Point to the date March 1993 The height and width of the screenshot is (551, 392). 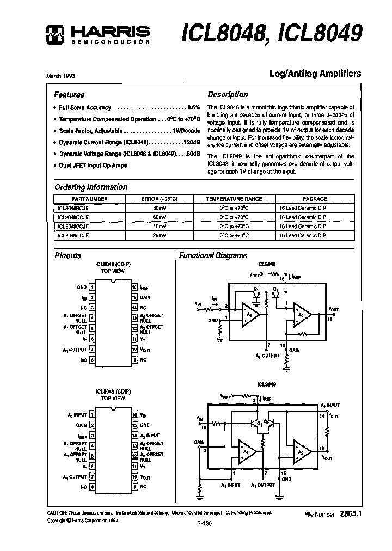coord(60,76)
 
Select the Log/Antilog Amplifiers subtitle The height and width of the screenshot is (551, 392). coord(315,74)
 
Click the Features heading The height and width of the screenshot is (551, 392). coord(69,94)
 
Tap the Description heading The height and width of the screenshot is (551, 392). coord(228,94)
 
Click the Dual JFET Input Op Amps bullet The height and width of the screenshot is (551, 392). coord(93,165)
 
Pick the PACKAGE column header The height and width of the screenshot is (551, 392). coord(315,199)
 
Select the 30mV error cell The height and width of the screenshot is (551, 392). coord(160,207)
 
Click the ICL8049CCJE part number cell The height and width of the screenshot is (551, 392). coord(73,235)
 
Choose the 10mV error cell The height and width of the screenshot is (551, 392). coord(160,226)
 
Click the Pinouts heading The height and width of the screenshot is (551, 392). coord(68,255)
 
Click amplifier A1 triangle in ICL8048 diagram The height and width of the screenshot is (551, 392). coord(249,315)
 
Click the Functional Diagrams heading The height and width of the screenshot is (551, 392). coord(213,255)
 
